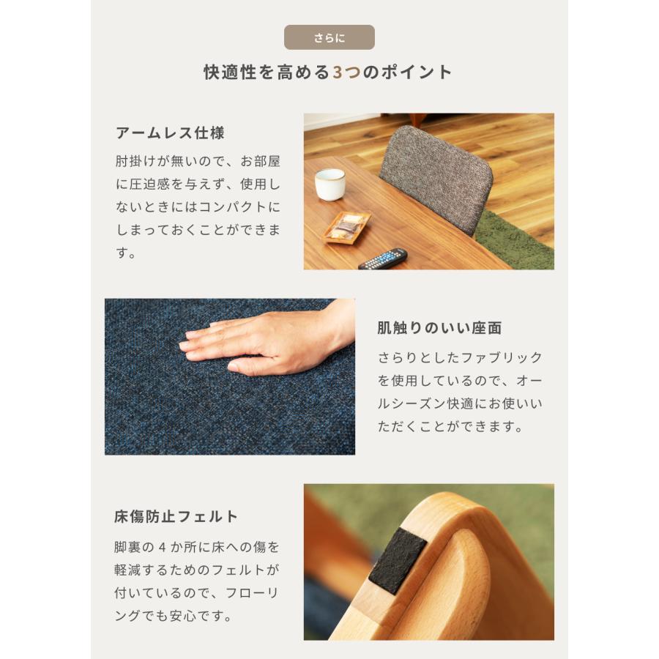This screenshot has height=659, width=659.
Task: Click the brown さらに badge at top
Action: (x=329, y=37)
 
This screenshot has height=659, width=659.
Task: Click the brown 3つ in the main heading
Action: (x=346, y=72)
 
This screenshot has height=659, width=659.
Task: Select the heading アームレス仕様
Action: (x=170, y=133)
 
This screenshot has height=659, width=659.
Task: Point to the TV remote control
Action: (x=382, y=258)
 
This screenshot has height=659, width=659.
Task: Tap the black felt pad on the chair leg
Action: (x=398, y=562)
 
